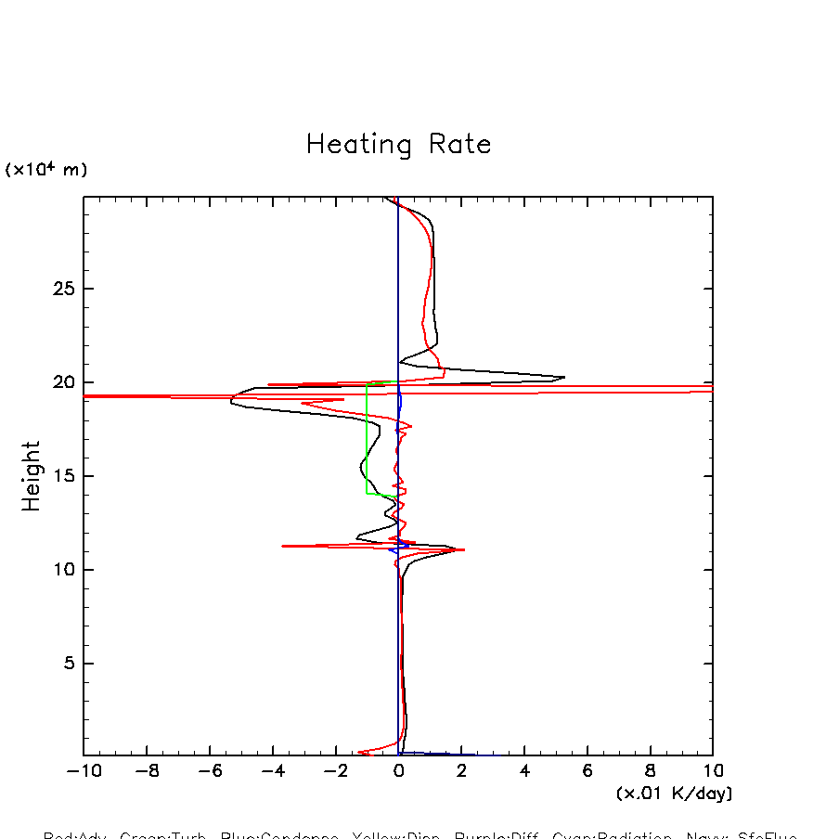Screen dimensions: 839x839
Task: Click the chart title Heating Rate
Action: tap(398, 145)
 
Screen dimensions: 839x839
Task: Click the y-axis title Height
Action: tap(32, 476)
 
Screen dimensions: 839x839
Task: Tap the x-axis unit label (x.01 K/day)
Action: tap(674, 794)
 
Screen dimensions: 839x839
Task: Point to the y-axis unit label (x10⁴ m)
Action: tap(46, 170)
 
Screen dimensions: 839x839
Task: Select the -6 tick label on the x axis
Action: tap(210, 770)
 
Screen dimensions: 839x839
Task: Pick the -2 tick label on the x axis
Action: tap(335, 770)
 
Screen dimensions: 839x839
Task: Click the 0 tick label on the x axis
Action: tap(399, 770)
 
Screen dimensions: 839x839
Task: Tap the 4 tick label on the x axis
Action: tap(524, 770)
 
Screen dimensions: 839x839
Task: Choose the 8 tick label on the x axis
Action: tap(650, 770)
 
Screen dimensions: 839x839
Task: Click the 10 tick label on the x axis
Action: tap(712, 770)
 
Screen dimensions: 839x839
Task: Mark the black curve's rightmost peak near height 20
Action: tap(563, 377)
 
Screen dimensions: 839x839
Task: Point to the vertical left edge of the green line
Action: tap(367, 441)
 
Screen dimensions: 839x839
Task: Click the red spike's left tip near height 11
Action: tap(283, 546)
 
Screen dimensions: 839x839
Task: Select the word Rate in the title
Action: tap(459, 145)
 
